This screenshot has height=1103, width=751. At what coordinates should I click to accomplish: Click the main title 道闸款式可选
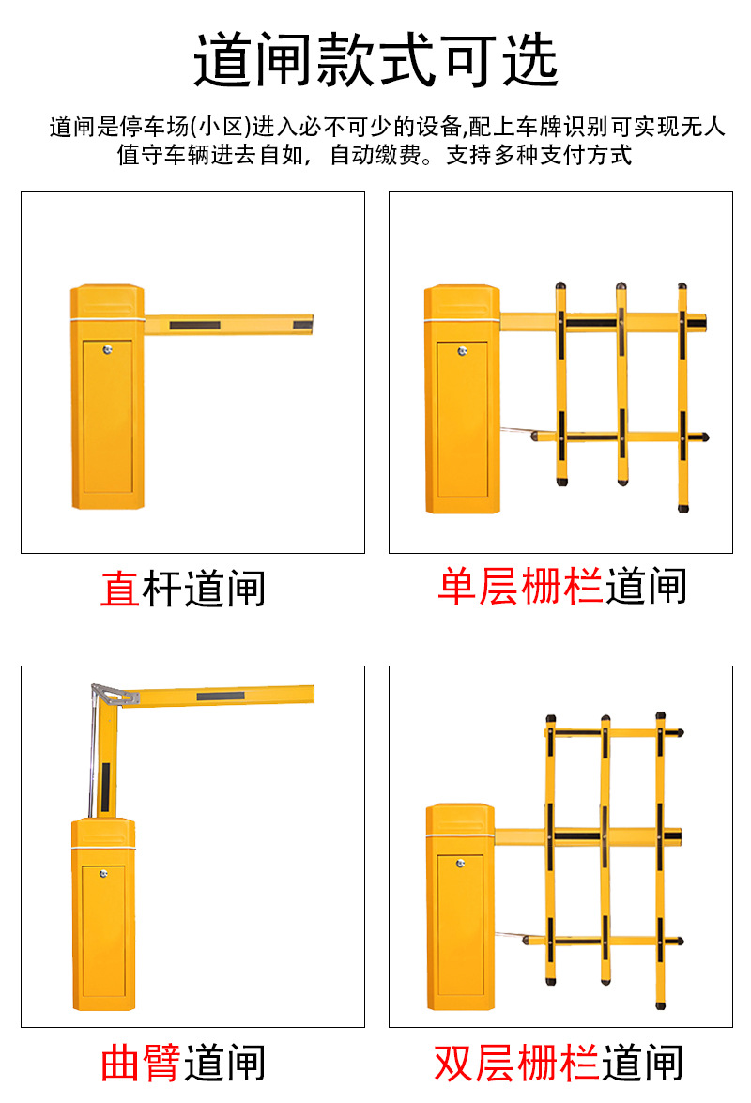pyautogui.click(x=375, y=61)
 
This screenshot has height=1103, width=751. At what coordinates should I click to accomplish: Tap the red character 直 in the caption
pyautogui.click(x=120, y=589)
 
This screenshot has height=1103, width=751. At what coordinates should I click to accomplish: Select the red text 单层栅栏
pyautogui.click(x=520, y=586)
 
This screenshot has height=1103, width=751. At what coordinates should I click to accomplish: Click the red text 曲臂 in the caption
pyautogui.click(x=141, y=1063)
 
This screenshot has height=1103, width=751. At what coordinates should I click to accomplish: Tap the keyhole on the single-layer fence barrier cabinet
pyautogui.click(x=462, y=352)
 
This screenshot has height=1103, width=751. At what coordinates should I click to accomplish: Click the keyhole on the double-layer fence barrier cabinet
pyautogui.click(x=460, y=863)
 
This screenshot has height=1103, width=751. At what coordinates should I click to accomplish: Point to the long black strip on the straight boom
pyautogui.click(x=194, y=326)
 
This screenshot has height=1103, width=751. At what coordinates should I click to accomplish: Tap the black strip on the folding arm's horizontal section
pyautogui.click(x=220, y=696)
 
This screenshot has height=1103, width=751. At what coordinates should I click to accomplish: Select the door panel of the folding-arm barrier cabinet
pyautogui.click(x=102, y=939)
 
